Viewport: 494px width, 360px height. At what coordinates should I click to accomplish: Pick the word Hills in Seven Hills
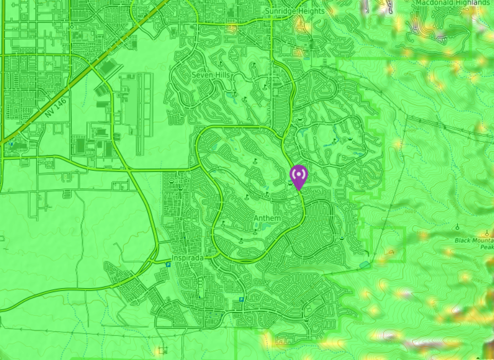(x=223, y=75)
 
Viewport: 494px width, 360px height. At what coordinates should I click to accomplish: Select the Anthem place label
(x=267, y=219)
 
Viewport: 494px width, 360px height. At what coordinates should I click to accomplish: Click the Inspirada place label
(x=188, y=257)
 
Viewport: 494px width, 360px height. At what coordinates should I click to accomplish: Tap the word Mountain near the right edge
(x=484, y=240)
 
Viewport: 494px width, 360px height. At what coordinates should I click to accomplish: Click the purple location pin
(x=298, y=175)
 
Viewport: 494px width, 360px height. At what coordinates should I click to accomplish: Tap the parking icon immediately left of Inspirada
(x=168, y=264)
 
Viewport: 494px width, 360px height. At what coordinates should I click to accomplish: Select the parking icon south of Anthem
(x=241, y=300)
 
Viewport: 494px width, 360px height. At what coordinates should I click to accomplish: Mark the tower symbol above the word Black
(x=458, y=226)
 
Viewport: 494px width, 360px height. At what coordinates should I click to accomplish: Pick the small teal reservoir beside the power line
(x=364, y=264)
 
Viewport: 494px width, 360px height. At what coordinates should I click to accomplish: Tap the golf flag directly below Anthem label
(x=254, y=232)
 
